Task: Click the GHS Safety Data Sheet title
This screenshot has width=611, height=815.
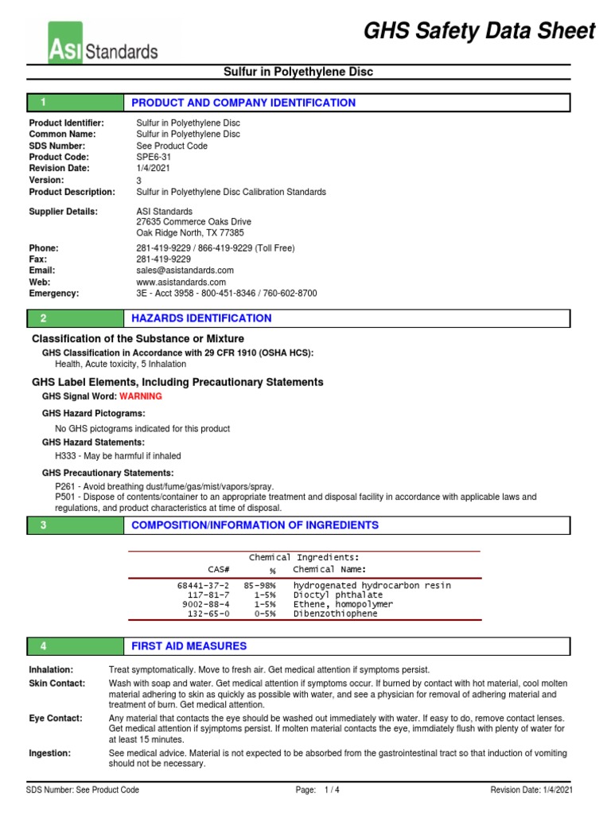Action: tap(479, 31)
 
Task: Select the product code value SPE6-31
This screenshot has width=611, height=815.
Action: tap(153, 158)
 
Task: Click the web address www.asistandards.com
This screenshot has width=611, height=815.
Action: tap(181, 282)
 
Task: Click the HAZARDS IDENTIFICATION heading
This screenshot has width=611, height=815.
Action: tap(201, 318)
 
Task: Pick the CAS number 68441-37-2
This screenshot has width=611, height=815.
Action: tap(203, 586)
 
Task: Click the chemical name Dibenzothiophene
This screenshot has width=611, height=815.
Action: tap(336, 614)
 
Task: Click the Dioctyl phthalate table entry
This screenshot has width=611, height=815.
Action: tap(338, 595)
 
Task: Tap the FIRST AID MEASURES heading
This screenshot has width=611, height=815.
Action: tap(189, 646)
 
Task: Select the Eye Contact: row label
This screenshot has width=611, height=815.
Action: tap(56, 718)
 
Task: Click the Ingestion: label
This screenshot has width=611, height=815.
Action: tap(49, 753)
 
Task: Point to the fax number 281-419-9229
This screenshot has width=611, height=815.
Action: tap(163, 259)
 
